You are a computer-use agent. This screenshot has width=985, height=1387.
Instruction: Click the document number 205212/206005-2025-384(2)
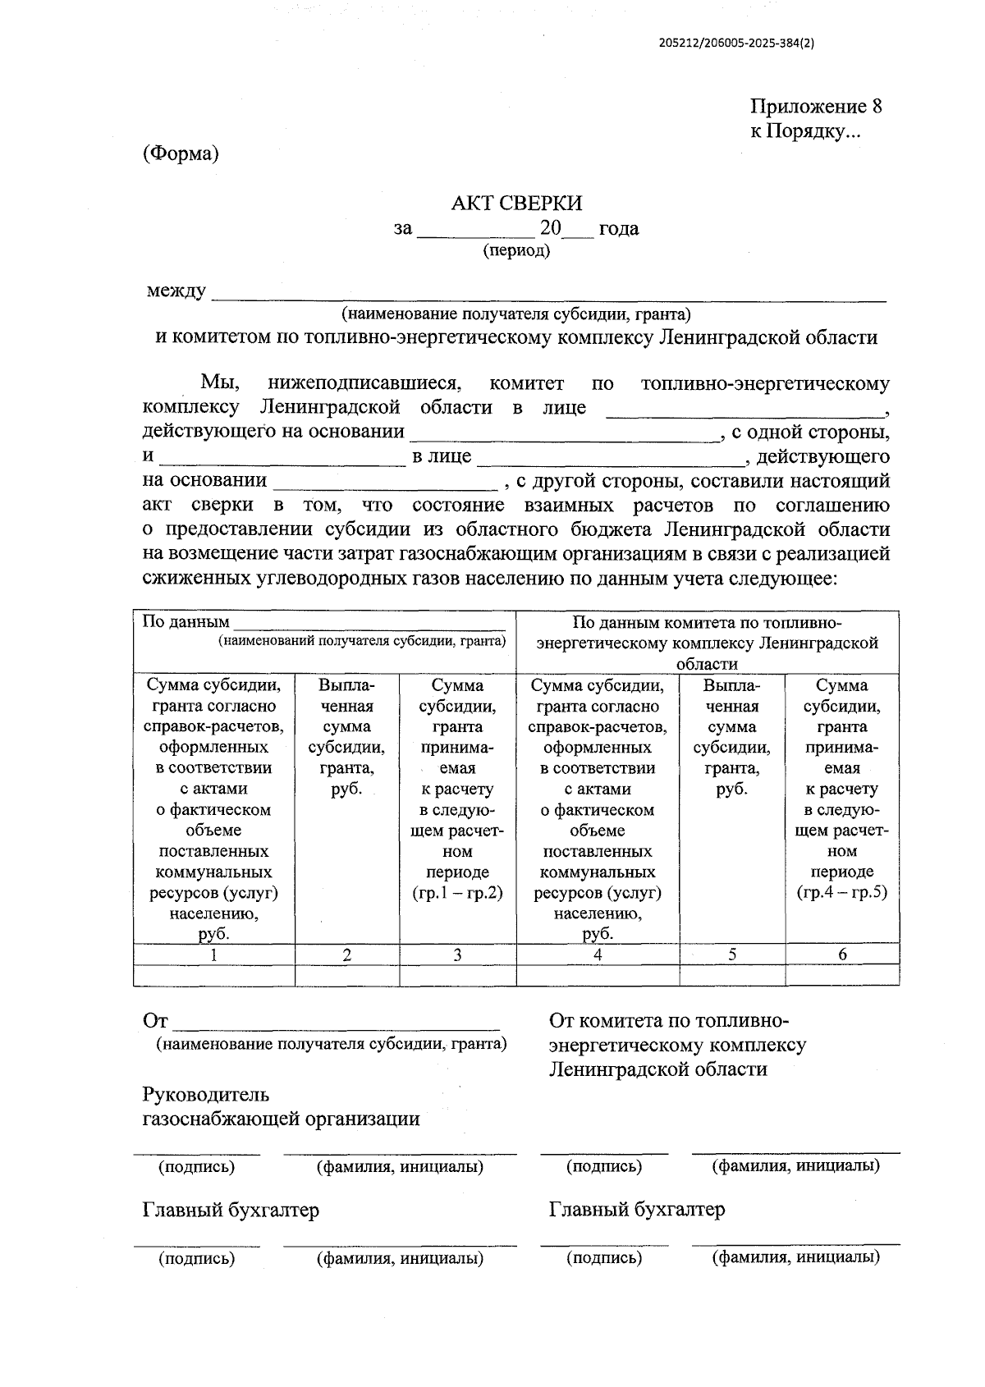(736, 45)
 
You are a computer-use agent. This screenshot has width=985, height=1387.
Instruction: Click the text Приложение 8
(815, 107)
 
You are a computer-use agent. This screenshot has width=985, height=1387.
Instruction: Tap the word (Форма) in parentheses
(181, 153)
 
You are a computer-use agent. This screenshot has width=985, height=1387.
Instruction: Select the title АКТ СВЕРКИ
(516, 204)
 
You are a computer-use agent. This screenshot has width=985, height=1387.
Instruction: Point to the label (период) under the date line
(516, 250)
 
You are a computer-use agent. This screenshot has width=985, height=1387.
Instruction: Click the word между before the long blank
(176, 291)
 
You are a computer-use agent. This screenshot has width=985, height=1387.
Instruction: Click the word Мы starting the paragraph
(219, 383)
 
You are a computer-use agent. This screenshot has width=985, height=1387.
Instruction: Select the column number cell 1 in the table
(213, 954)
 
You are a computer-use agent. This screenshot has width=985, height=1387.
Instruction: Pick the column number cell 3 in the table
(457, 954)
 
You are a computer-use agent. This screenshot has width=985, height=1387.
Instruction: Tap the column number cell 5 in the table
(732, 954)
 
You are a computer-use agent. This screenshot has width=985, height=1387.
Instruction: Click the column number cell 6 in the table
(842, 954)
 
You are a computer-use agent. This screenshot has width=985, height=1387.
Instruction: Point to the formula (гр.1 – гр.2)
(457, 893)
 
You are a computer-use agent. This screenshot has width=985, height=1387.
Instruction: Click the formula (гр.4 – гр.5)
(842, 893)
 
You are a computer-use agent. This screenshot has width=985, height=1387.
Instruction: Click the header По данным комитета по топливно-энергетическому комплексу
(707, 643)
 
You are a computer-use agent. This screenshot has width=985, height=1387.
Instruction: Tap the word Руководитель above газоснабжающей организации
(205, 1094)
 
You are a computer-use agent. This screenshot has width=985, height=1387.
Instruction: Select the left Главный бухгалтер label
(231, 1210)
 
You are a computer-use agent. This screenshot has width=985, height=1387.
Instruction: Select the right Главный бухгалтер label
(636, 1209)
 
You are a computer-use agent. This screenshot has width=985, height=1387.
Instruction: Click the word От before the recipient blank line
(155, 1021)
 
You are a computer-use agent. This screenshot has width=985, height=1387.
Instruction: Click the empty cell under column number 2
(346, 975)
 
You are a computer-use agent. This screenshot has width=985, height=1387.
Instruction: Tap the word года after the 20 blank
(618, 228)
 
